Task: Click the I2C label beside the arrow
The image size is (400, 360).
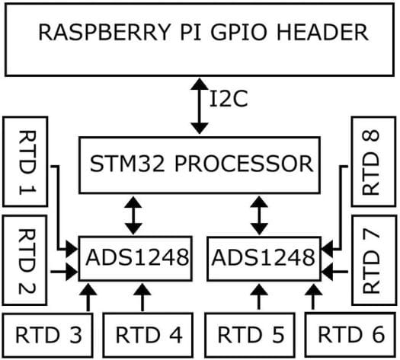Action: point(229,99)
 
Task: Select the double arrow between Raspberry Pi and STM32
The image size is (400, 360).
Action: point(200,106)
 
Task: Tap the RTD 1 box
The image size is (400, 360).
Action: point(25,161)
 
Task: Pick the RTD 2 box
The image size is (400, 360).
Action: point(24,260)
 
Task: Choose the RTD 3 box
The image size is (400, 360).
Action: point(48,335)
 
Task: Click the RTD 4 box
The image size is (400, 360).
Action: point(148,335)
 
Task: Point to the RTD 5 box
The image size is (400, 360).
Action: point(250,335)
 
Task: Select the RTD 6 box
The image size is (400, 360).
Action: point(350,335)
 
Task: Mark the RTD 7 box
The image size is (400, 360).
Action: point(374,260)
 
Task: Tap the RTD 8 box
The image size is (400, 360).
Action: point(374,161)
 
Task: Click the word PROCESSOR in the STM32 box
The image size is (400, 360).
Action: point(244,164)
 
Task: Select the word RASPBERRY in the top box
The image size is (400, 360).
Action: point(104,32)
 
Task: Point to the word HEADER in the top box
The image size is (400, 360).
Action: point(322,32)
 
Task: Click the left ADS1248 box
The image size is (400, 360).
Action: point(136,259)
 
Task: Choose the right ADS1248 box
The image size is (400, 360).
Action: point(264,259)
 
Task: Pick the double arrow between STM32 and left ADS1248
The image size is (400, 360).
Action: point(133,215)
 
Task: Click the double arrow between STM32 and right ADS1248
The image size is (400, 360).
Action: point(259,215)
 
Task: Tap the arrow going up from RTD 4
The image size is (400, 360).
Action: point(142,298)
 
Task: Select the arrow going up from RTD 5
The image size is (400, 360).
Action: point(259,298)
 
